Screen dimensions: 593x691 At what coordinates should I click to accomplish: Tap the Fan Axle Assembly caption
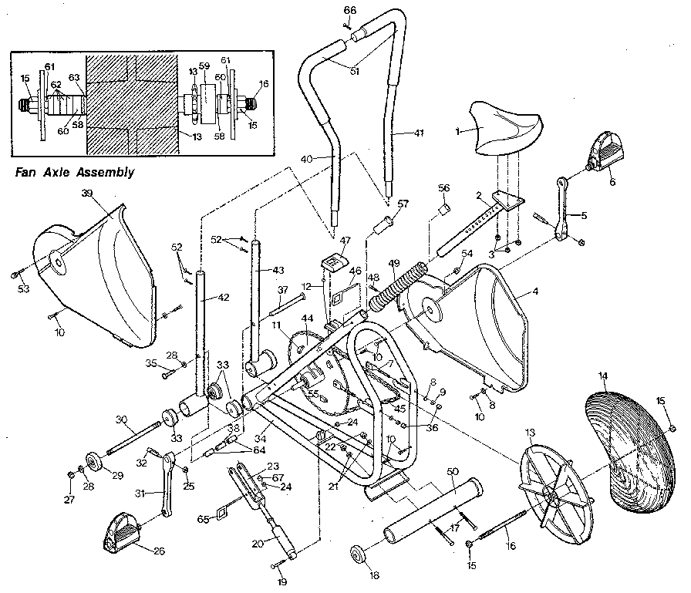click(75, 173)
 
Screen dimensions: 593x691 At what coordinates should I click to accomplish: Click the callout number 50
click(452, 471)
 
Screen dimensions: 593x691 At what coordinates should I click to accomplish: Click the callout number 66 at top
click(350, 10)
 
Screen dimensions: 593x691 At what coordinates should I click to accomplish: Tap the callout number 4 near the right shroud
click(535, 293)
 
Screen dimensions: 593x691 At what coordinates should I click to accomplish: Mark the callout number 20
click(258, 543)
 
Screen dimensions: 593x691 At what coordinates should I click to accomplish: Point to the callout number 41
click(419, 133)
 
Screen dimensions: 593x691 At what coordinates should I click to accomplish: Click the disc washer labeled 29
click(96, 462)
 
